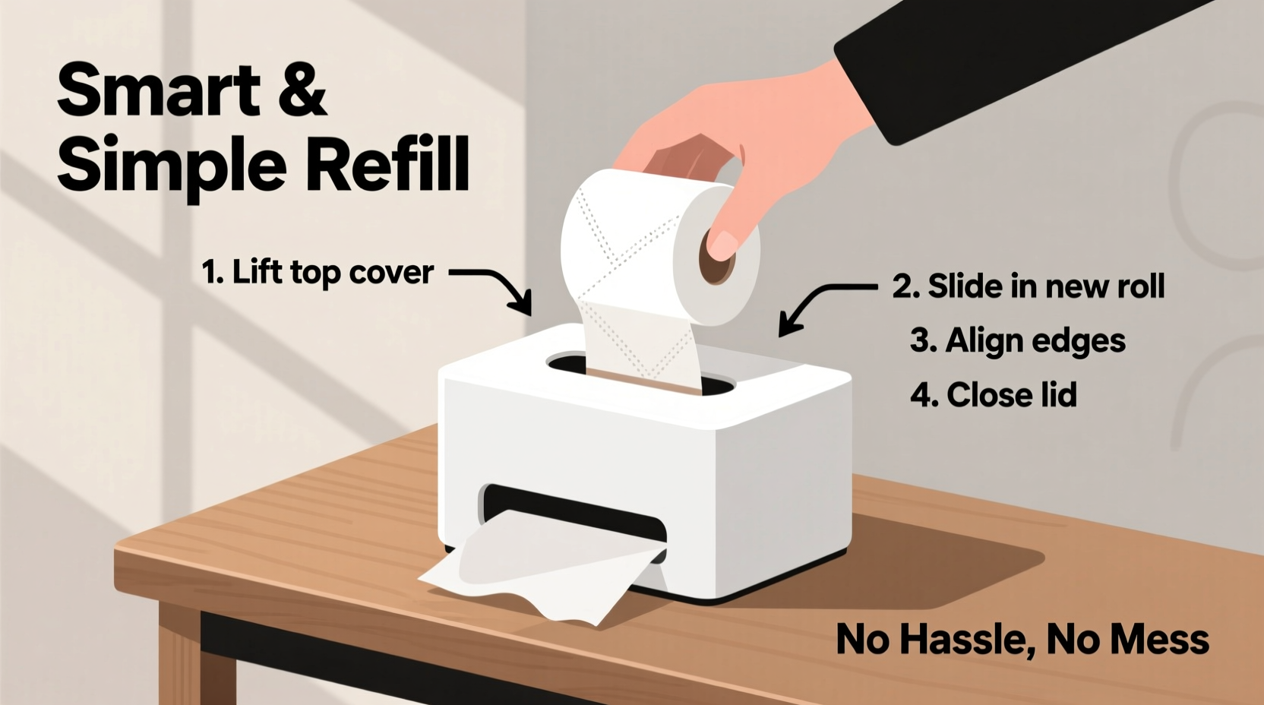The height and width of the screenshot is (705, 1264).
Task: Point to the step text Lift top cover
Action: point(332,272)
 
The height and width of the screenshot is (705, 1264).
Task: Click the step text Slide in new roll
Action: point(1045,287)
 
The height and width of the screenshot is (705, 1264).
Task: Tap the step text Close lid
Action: point(1011,395)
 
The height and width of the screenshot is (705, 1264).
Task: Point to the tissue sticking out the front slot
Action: point(532,570)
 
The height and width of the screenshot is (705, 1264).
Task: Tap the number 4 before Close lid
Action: point(921,395)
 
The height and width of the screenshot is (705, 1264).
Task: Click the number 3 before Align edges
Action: point(921,341)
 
